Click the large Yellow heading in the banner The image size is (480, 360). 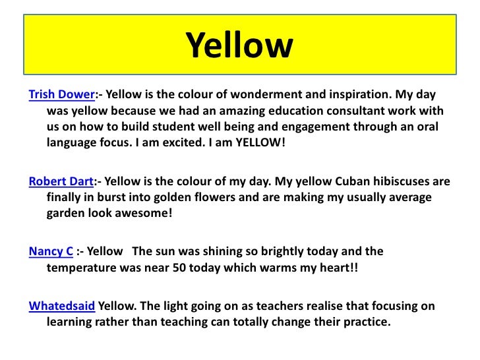coord(239,46)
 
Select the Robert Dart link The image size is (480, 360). coord(62,181)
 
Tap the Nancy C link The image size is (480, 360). coord(51,251)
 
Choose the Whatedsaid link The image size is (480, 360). coord(63,307)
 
